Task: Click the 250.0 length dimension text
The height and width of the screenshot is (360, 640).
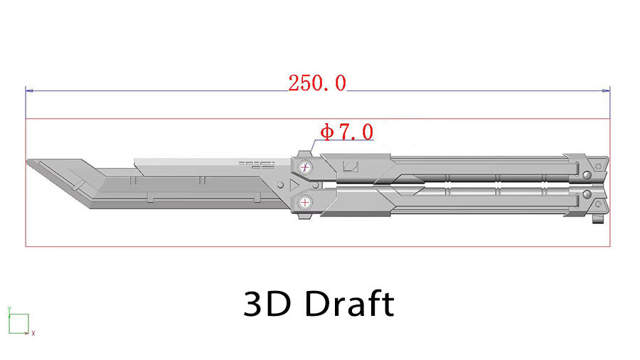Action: point(317,83)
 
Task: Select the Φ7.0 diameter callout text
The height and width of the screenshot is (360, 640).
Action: point(346,132)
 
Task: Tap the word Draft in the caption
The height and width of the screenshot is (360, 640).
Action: point(349,305)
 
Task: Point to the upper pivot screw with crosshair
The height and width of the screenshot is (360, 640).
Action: point(305,168)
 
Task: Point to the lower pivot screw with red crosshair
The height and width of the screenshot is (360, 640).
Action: point(305,202)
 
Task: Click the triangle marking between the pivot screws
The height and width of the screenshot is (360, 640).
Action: point(293,185)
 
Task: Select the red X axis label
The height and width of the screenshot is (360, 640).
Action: point(33,333)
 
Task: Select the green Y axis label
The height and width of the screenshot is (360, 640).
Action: point(9,309)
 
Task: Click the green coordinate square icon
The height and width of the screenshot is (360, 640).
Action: point(18,324)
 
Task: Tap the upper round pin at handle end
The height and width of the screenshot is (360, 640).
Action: point(587,176)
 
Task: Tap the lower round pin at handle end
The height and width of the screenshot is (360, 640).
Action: point(587,194)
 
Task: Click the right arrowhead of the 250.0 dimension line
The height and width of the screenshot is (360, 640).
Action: point(609,90)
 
